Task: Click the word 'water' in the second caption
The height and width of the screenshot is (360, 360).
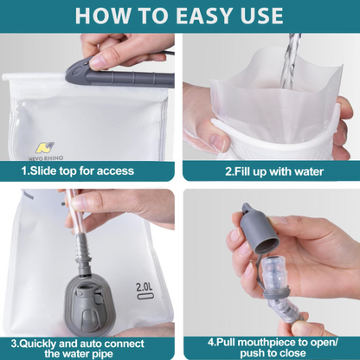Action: point(306,171)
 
